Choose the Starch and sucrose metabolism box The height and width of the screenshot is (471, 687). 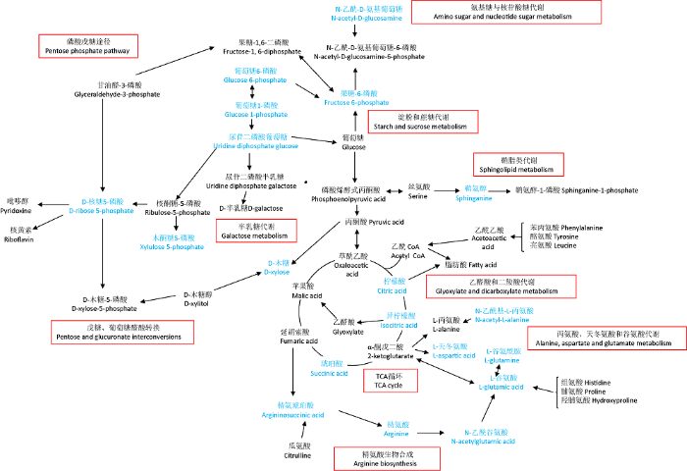tap(422, 122)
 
